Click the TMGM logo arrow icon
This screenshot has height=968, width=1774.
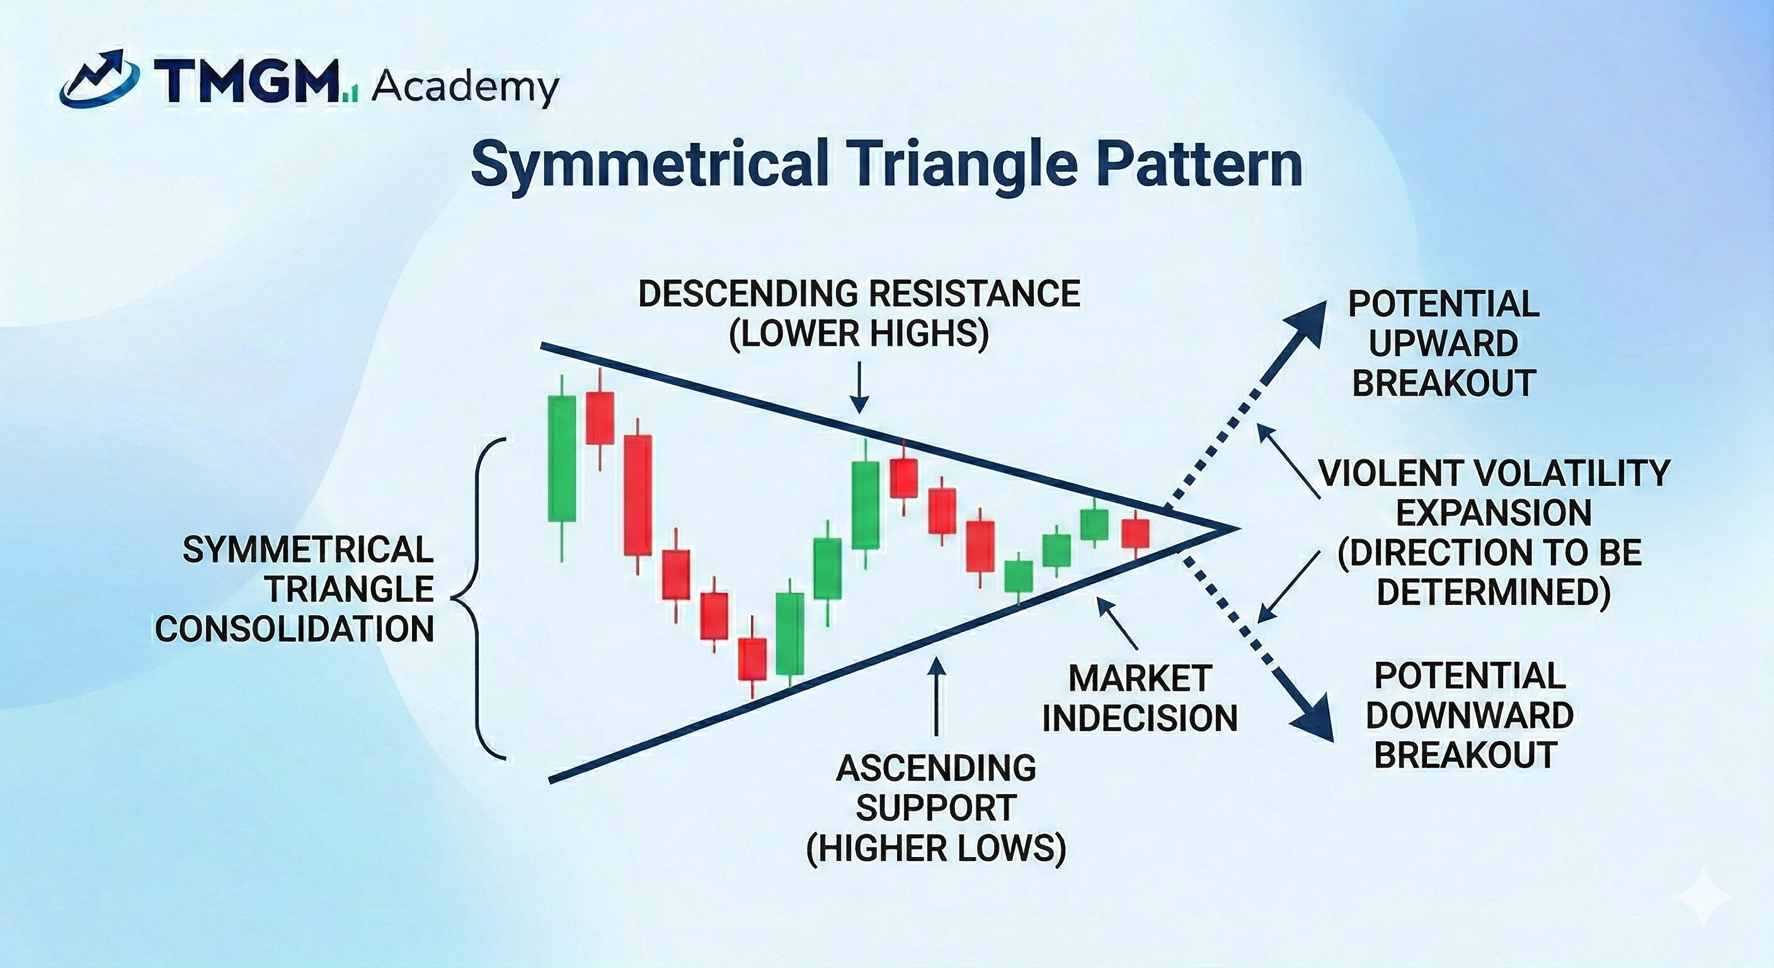[x=101, y=79]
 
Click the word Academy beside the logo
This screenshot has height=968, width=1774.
[x=465, y=88]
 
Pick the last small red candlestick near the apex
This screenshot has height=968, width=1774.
[x=1136, y=533]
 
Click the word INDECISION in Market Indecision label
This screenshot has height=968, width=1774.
[x=1140, y=718]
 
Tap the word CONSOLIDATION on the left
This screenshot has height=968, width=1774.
[x=295, y=629]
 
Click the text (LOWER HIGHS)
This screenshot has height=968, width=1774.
[x=859, y=333]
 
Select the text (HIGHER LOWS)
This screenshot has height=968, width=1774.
[x=936, y=847]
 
